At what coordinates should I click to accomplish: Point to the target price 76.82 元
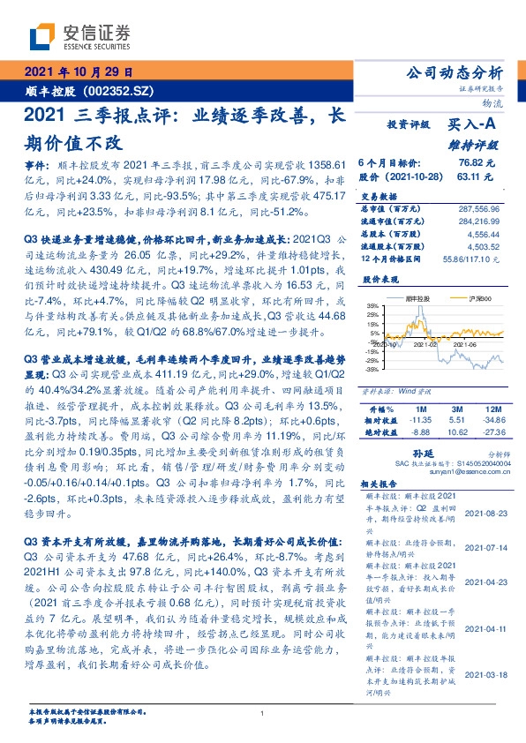point(477,163)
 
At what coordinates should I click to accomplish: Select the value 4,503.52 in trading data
point(483,246)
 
